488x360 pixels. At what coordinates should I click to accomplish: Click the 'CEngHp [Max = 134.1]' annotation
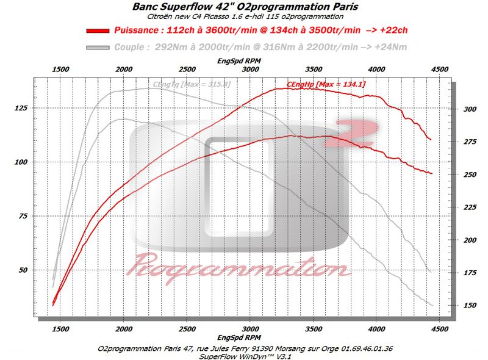click(x=326, y=84)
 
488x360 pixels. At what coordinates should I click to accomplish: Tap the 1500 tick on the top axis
click(x=60, y=70)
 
